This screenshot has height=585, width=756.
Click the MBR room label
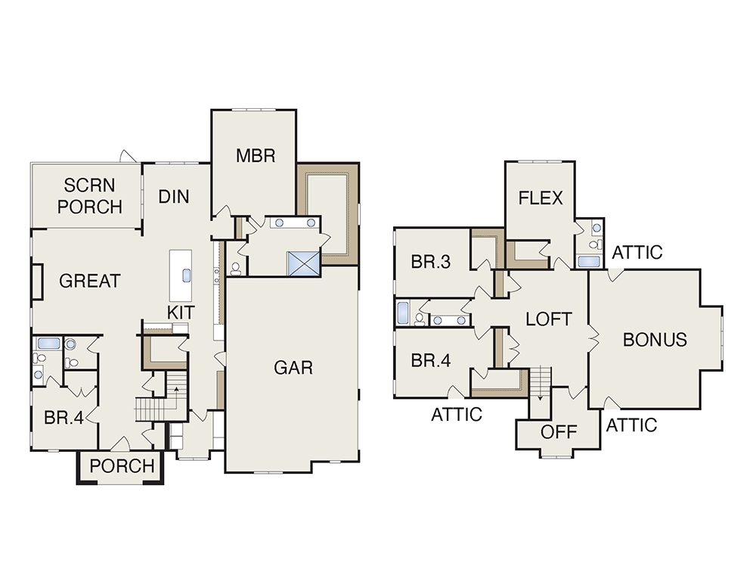pos(256,155)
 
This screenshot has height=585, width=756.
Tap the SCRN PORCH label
pos(90,196)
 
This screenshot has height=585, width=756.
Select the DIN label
pos(174,197)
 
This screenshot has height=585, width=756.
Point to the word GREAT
pos(90,281)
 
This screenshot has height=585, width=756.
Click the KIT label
pos(181,313)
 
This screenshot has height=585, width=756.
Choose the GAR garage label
pos(293,368)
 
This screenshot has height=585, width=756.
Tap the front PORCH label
pos(122,466)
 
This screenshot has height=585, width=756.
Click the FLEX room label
pos(541,198)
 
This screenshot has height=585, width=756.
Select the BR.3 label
pos(431,262)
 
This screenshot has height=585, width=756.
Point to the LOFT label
pos(549,319)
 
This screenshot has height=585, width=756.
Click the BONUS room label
pos(655,340)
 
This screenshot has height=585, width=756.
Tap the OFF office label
pos(559,432)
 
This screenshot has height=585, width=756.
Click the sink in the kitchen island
pos(186,275)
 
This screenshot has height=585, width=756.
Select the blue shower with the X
pos(304,263)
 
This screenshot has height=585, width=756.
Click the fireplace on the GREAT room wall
pos(37,282)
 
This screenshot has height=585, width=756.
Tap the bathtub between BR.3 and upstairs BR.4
pos(403,313)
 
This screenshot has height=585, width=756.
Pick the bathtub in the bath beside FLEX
pos(589,262)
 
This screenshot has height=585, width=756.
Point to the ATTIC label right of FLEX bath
pos(637,253)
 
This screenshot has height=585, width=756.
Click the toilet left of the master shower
pos(235,269)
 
